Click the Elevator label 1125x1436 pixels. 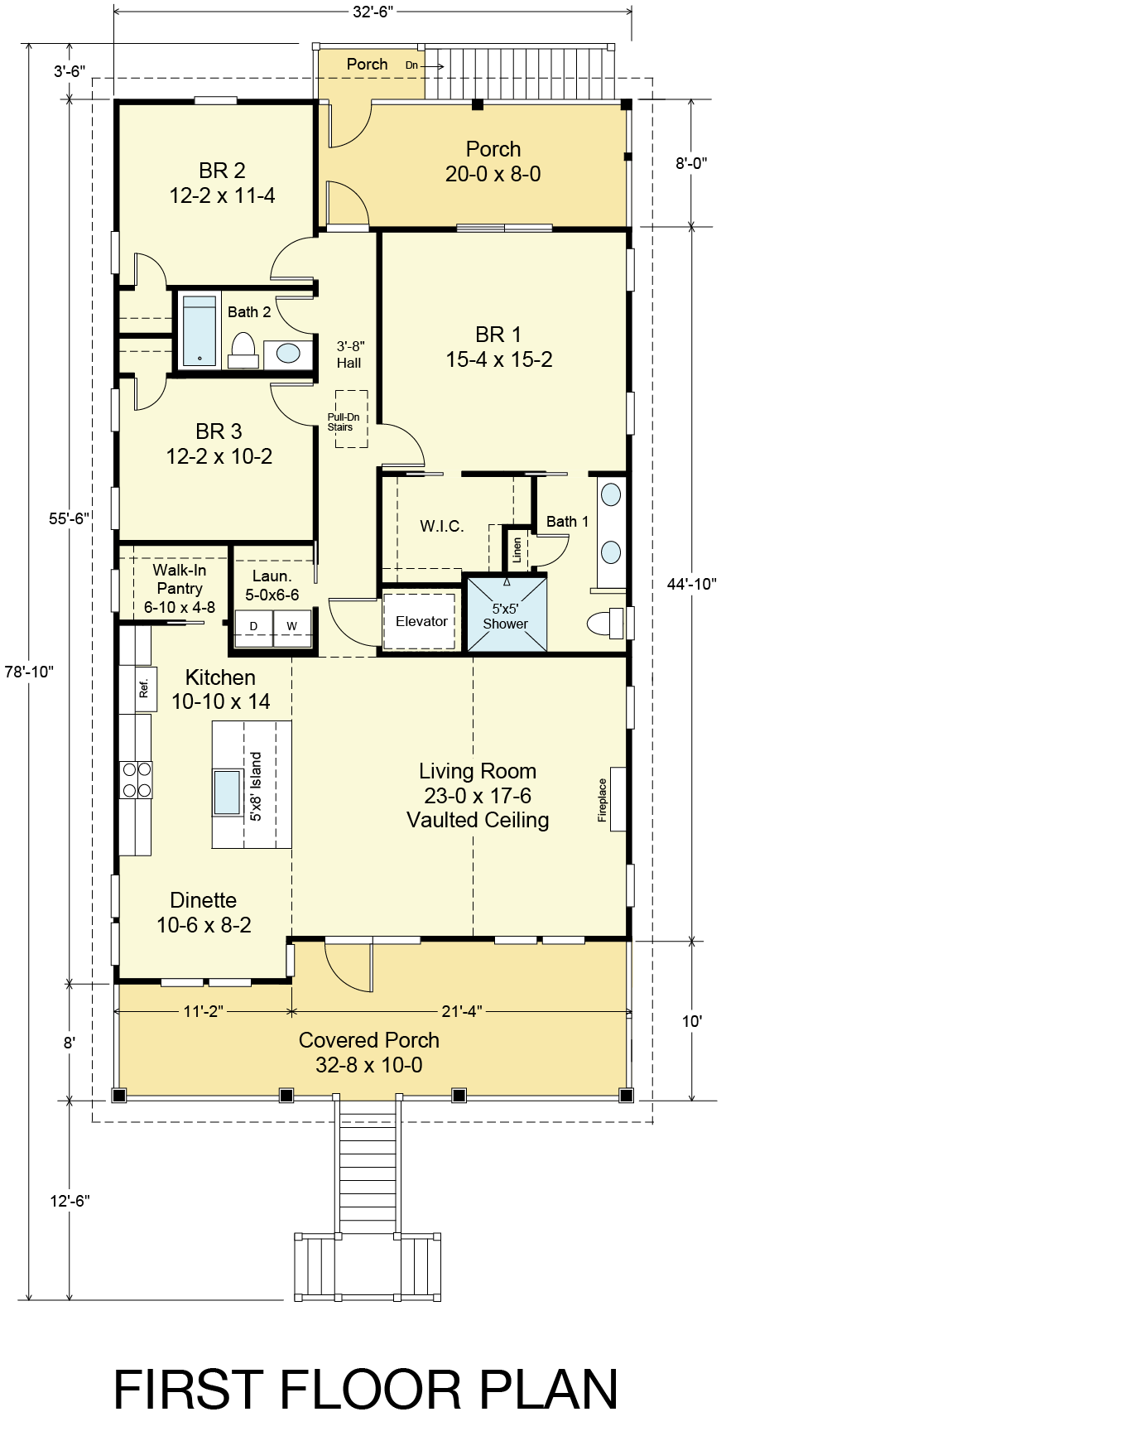pos(421,621)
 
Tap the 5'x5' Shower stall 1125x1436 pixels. pos(507,614)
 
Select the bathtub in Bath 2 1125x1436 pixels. pos(200,330)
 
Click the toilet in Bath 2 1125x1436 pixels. pos(243,350)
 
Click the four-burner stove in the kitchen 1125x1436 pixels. pos(137,779)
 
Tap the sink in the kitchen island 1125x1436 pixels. pos(228,793)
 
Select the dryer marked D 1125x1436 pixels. pos(254,627)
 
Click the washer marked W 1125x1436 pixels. pos(292,627)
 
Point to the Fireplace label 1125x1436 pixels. pos(603,800)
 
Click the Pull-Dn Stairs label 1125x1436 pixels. pos(343,422)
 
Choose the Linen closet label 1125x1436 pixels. pos(517,550)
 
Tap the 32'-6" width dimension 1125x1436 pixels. pos(373,12)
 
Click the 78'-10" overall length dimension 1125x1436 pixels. pos(29,672)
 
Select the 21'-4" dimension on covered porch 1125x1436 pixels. pos(462,1011)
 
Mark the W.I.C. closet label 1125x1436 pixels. pos(442,526)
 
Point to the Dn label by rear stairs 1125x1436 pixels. pos(411,65)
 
